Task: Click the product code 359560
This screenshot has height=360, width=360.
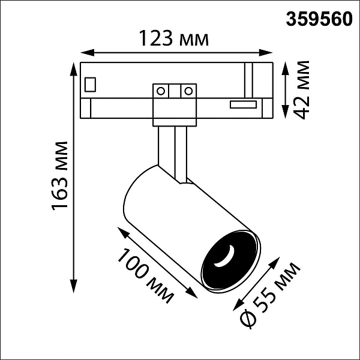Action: pyautogui.click(x=319, y=19)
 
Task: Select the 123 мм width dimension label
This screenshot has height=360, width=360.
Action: pyautogui.click(x=174, y=38)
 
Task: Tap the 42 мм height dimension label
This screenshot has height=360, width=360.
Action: pyautogui.click(x=301, y=90)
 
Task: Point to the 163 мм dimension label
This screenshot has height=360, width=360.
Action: pyautogui.click(x=60, y=176)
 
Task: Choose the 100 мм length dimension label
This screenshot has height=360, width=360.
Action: pyautogui.click(x=145, y=276)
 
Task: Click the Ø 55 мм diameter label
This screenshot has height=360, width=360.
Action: pyautogui.click(x=269, y=295)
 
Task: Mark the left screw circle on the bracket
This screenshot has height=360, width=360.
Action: pyautogui.click(x=161, y=91)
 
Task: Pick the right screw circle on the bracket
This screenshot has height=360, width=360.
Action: pyautogui.click(x=188, y=91)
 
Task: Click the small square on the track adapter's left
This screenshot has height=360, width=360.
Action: pyautogui.click(x=90, y=85)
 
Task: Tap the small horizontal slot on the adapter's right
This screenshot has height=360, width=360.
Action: pyautogui.click(x=243, y=104)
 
